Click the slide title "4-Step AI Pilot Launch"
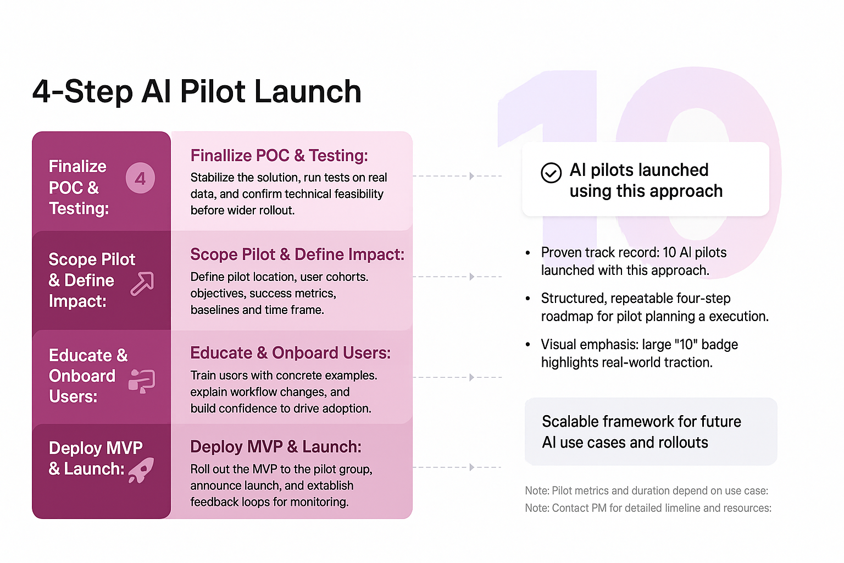(197, 91)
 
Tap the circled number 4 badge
(140, 178)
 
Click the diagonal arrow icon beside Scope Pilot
(142, 283)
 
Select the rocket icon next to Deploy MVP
(141, 470)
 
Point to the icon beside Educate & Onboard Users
(142, 381)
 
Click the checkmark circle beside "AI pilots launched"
(551, 173)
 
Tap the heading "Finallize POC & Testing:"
(279, 156)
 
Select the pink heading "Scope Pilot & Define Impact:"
(297, 255)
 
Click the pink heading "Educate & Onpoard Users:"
(291, 353)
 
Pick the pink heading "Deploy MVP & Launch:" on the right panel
(276, 447)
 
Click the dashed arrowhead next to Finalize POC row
(472, 176)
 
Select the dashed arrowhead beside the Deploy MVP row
(472, 467)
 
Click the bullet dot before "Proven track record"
(528, 253)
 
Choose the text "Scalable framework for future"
(641, 422)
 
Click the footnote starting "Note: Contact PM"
(648, 509)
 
